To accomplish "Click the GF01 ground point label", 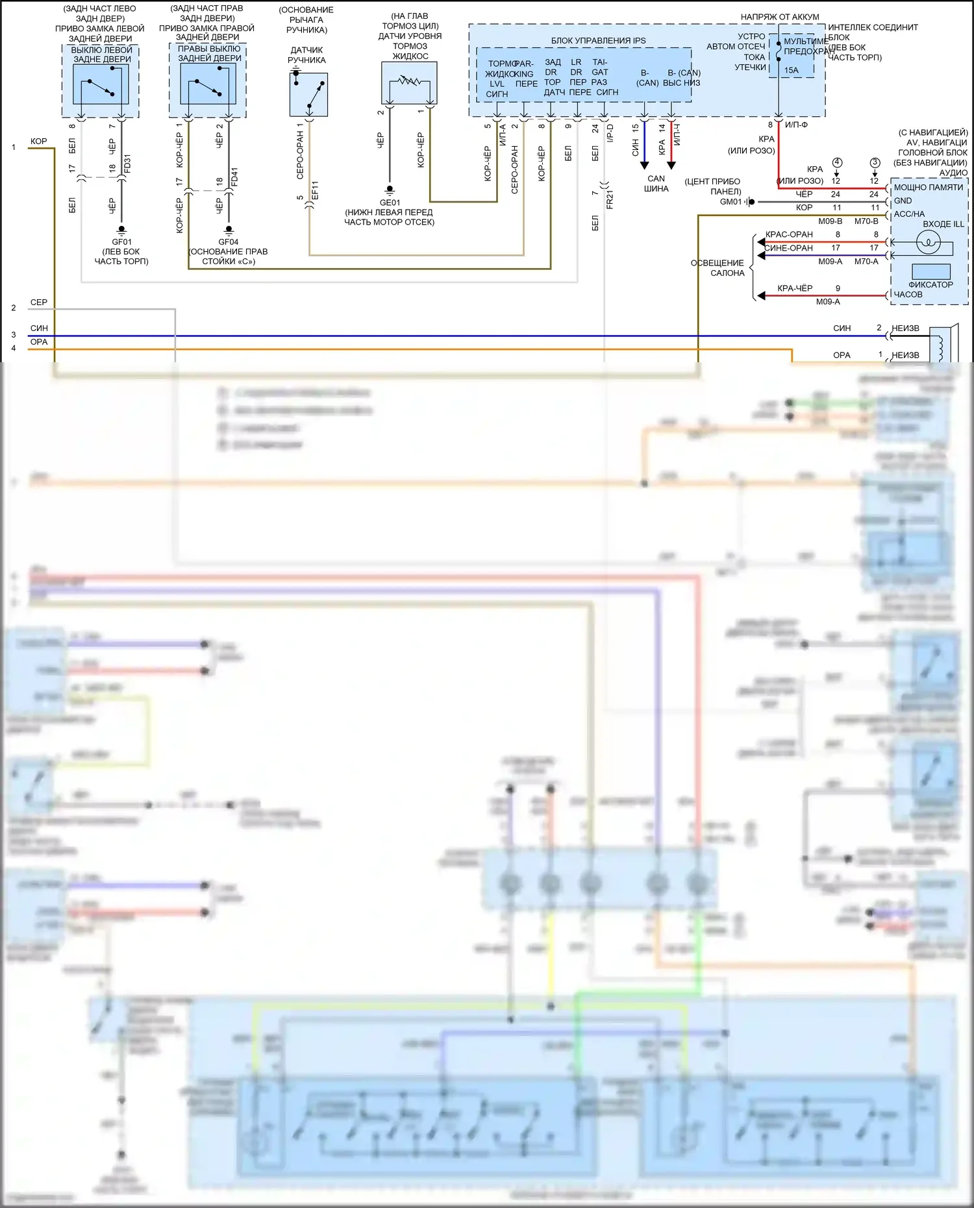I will click(x=121, y=242).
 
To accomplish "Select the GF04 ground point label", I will click(x=229, y=242).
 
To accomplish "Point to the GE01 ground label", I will click(x=390, y=203).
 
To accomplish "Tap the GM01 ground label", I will click(x=730, y=202).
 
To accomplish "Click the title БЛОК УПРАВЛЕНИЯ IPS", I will click(x=598, y=40).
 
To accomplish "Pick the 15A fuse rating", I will click(x=791, y=70).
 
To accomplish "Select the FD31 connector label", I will click(x=127, y=163).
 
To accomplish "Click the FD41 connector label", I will click(x=234, y=176).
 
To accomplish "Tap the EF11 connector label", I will click(x=315, y=190).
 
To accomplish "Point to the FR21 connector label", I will click(x=610, y=199).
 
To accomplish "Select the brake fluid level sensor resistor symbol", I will click(x=409, y=82).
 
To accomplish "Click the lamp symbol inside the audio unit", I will click(x=928, y=243).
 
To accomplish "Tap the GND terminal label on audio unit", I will click(x=903, y=201).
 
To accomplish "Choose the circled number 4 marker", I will click(x=837, y=162).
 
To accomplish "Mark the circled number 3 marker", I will click(x=875, y=162).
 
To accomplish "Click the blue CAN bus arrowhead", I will click(x=644, y=165).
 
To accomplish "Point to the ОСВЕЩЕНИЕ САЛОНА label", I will click(x=718, y=267).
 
